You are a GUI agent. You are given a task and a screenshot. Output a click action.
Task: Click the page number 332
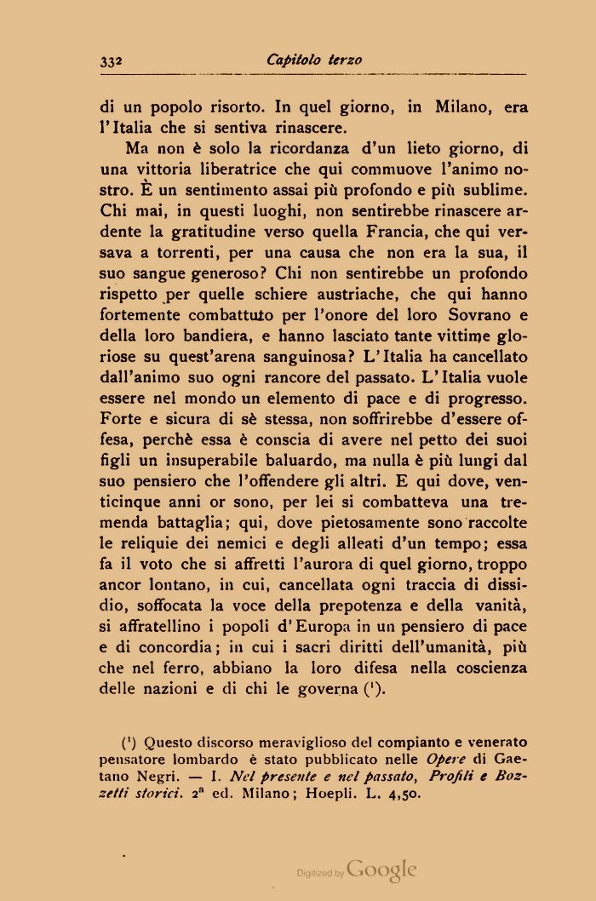click(112, 60)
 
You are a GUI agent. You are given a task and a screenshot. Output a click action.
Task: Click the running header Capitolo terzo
click(315, 60)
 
